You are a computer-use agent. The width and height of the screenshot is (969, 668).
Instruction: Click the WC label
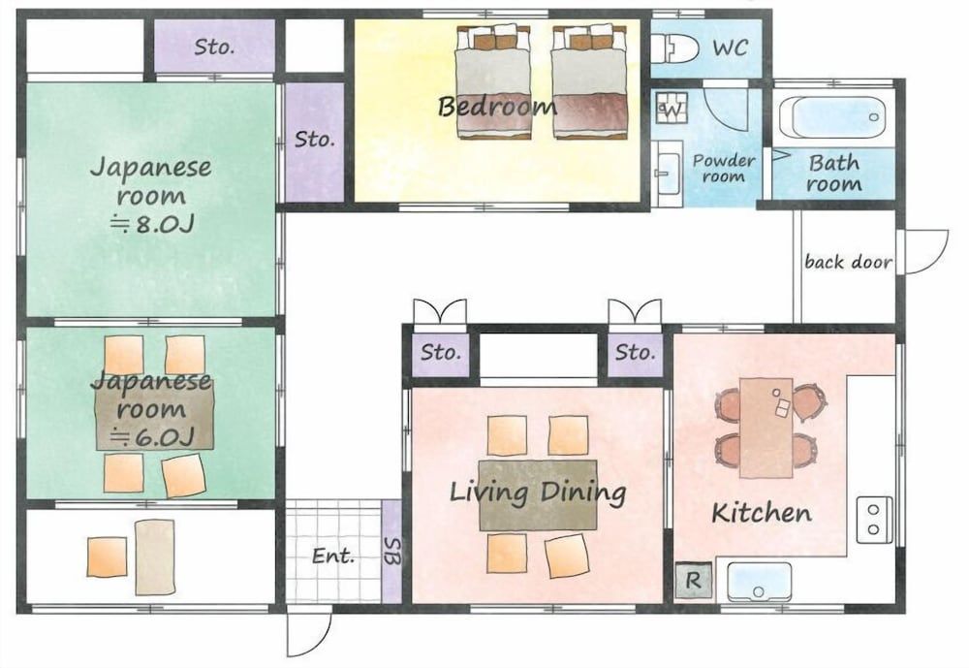click(730, 48)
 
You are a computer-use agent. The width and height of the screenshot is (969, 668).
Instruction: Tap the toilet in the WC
click(674, 48)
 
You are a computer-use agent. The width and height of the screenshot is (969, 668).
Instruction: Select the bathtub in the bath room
click(832, 117)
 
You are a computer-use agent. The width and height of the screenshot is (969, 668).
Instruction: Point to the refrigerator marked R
click(693, 580)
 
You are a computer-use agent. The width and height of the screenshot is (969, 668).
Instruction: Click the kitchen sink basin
click(759, 582)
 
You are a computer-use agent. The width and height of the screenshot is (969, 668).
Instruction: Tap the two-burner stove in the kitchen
click(874, 520)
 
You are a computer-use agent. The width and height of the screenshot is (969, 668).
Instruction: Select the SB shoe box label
click(391, 552)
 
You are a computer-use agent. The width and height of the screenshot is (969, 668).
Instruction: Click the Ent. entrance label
click(333, 556)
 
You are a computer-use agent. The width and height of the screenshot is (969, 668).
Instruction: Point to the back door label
click(849, 262)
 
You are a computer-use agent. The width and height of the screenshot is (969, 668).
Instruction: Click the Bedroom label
click(497, 107)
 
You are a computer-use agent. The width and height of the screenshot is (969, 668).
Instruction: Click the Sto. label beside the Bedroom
click(315, 140)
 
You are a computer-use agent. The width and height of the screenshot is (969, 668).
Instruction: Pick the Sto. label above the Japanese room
click(214, 47)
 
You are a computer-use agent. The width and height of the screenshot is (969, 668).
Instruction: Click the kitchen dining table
click(766, 428)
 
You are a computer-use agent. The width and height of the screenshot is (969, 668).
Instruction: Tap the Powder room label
click(723, 169)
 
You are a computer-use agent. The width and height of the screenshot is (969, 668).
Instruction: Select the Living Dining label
click(538, 493)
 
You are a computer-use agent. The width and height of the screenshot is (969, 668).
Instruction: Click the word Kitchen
click(762, 513)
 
